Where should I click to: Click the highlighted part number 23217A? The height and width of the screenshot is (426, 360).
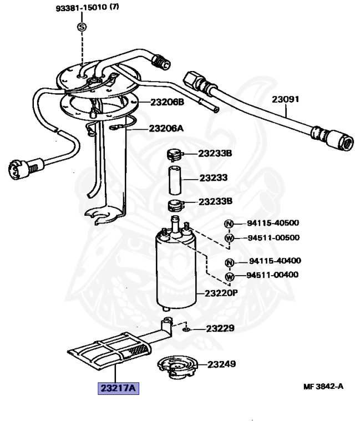point(118,388)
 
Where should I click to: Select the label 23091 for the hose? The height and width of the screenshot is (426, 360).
point(285,100)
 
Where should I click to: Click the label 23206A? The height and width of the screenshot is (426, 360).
point(165,128)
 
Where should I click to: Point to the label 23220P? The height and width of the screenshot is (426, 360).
point(221,293)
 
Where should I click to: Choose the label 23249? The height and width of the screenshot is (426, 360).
point(222,364)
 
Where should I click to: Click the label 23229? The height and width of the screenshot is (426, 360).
point(220,328)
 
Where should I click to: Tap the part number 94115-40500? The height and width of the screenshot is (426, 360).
point(273,224)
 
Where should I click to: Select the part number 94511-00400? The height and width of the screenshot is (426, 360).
point(273,275)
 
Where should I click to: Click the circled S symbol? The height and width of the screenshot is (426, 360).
point(82,27)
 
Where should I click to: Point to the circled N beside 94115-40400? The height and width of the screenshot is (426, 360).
point(229,262)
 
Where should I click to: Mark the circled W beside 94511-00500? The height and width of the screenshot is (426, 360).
point(229,238)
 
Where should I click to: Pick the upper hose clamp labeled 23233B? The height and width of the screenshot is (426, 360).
point(175,153)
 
